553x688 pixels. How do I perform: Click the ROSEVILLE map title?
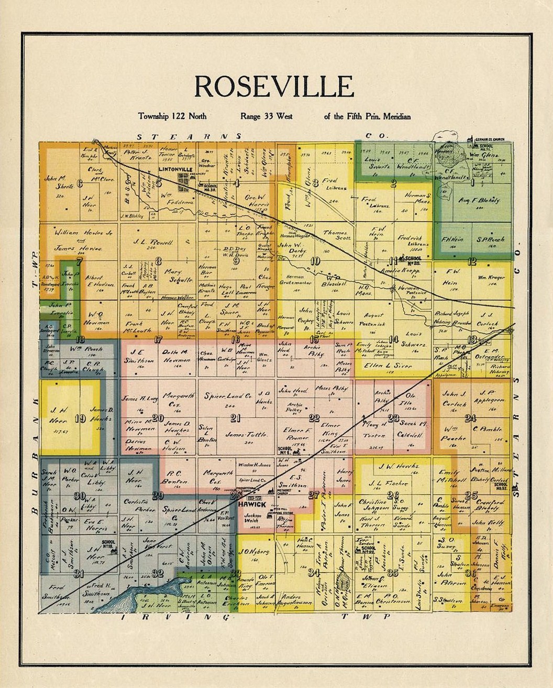point(274,87)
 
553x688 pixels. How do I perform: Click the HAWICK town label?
point(252,504)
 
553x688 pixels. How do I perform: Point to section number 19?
point(80,418)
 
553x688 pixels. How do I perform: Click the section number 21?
point(235,418)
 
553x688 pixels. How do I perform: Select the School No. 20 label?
point(413,259)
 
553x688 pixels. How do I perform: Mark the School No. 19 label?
point(109,545)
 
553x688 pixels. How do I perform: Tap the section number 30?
point(80,496)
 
